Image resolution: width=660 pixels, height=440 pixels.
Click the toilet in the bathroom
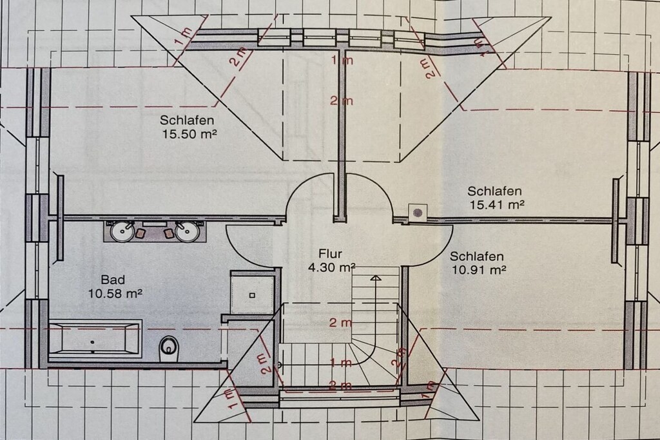coord(169,349)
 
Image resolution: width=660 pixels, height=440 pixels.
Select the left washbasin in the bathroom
coord(122,232)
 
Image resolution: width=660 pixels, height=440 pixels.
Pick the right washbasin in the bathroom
coord(186,232)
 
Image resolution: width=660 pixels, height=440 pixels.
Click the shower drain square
coord(252,295)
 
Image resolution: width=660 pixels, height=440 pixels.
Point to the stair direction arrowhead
coord(376,277)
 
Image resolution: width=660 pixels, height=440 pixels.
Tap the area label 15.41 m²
coord(496,205)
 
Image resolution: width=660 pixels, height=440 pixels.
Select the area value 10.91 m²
coord(479,270)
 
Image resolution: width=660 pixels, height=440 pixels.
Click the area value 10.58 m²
coord(115,292)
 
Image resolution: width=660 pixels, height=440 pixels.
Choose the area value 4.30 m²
coord(332,267)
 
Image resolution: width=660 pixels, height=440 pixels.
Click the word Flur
coord(330,254)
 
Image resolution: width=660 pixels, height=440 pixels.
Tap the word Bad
coord(113,280)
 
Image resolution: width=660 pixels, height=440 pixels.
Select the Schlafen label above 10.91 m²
coord(477,256)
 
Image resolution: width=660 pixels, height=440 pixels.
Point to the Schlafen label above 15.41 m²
coord(494,191)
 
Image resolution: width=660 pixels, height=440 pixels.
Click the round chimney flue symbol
coord(418,213)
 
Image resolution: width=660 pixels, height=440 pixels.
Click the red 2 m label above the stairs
coord(340,323)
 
